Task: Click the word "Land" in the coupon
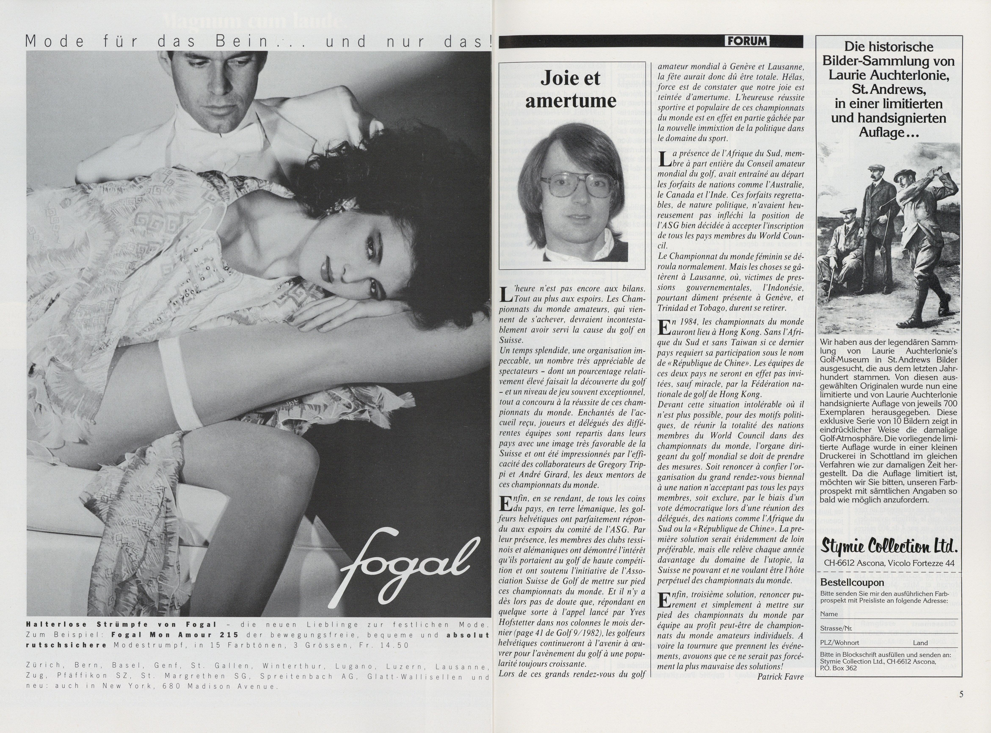tap(920, 643)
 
